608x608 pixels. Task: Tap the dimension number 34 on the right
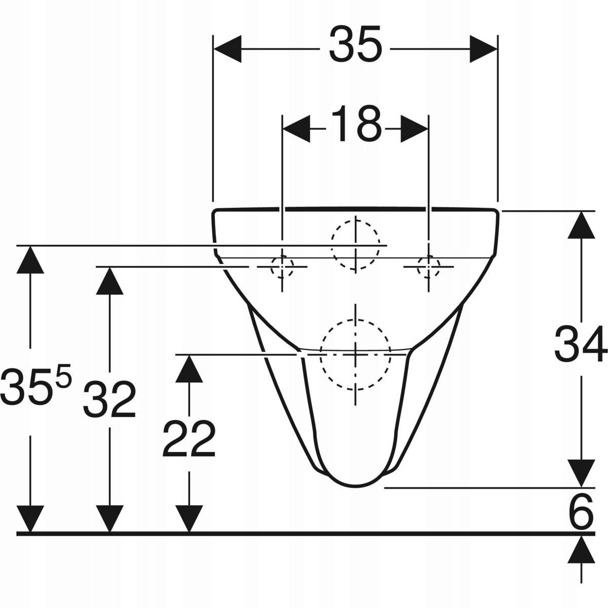click(x=580, y=345)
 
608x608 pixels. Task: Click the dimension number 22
click(x=189, y=439)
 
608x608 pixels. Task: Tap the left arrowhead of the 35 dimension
click(x=227, y=49)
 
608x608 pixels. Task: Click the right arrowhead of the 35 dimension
click(x=483, y=49)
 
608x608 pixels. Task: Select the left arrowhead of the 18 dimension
click(x=296, y=129)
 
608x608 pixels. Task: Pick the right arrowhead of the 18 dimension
click(x=414, y=129)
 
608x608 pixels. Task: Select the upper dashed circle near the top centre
click(x=356, y=244)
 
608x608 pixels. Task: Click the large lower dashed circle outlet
click(x=356, y=355)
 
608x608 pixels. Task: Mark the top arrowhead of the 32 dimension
click(x=110, y=280)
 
